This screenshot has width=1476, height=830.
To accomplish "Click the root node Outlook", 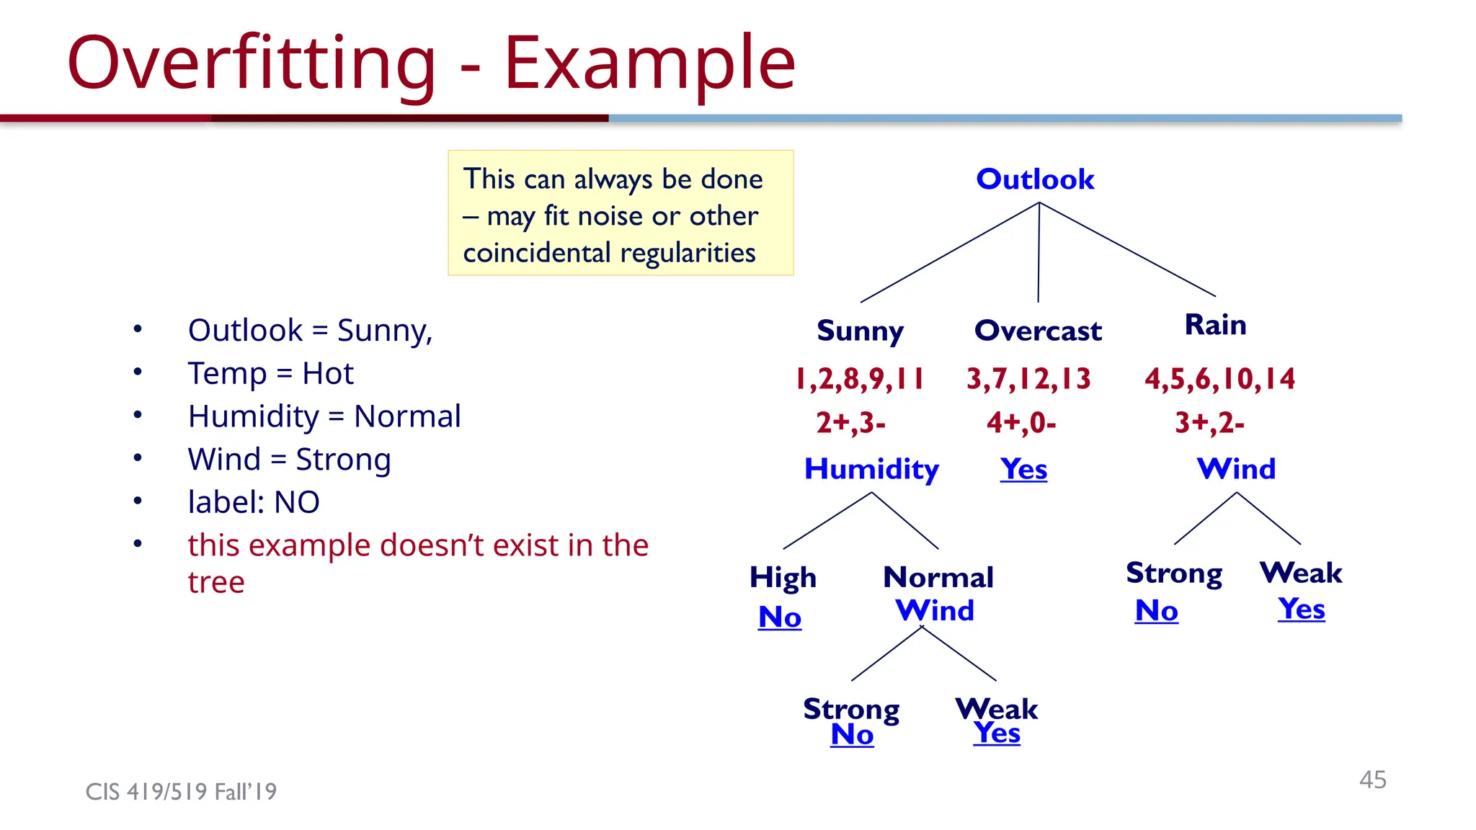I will click(1035, 179).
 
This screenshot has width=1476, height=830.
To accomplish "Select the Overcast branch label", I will click(1038, 331).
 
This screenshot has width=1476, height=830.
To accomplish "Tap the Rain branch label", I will click(1215, 325).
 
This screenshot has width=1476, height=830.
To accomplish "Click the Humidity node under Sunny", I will click(871, 469).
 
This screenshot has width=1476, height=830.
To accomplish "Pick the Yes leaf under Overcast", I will click(1023, 469).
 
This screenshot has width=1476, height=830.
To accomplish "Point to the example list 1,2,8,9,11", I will click(859, 378).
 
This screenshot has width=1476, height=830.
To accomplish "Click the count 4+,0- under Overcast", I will click(1021, 422).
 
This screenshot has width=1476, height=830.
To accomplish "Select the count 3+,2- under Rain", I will click(1209, 422).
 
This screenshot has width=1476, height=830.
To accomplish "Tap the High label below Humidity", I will click(783, 577).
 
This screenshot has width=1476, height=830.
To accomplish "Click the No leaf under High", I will click(780, 617).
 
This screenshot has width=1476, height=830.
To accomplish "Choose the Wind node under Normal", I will click(935, 611).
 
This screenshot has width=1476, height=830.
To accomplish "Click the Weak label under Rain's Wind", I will click(1301, 573).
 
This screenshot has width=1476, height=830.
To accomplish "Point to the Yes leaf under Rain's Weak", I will click(1302, 609).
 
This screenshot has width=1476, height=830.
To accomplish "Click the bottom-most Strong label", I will click(851, 709).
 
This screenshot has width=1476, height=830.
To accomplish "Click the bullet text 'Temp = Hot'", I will click(270, 373).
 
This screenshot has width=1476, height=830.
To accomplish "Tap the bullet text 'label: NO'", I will click(254, 502).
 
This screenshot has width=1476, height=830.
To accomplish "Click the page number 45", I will click(1372, 780).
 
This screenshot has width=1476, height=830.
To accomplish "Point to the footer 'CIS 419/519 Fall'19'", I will click(181, 792).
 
